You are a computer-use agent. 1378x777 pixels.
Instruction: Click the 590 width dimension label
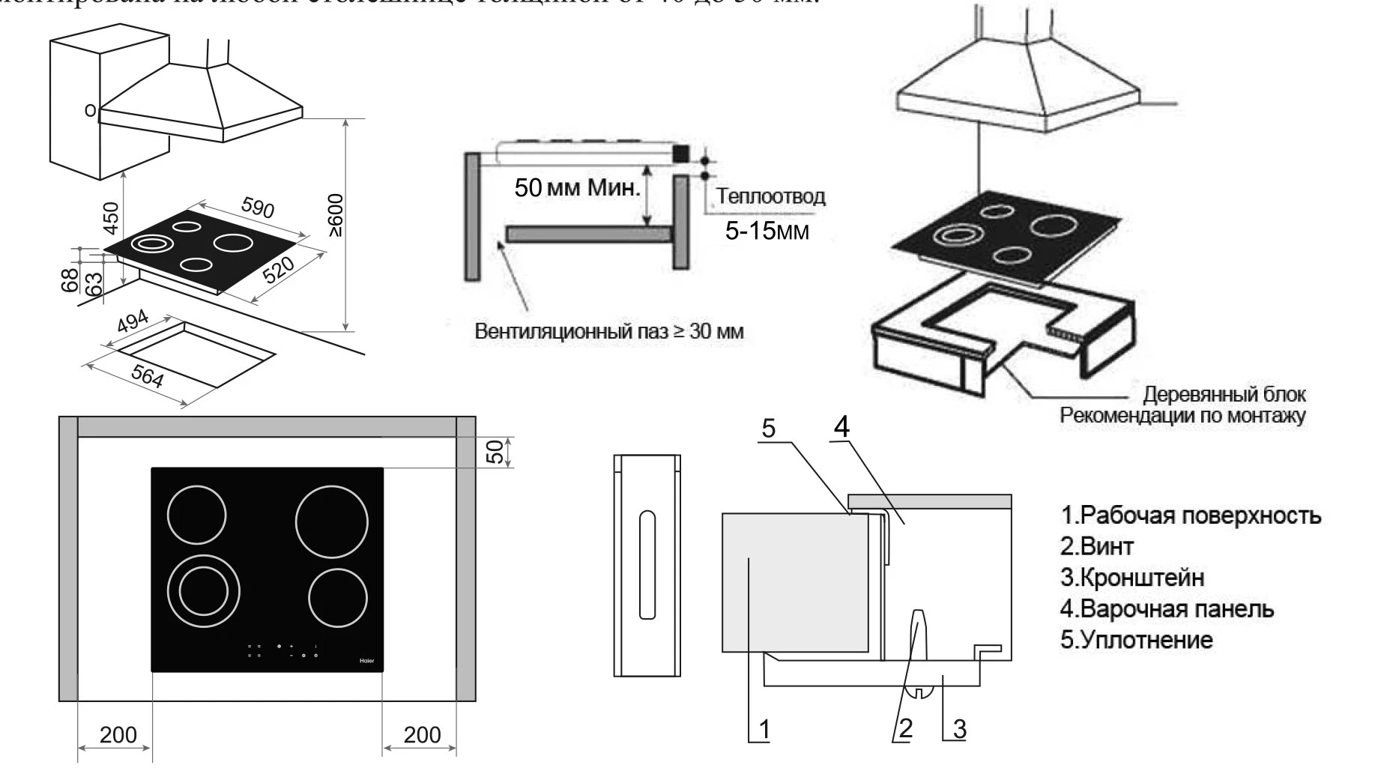click(x=258, y=208)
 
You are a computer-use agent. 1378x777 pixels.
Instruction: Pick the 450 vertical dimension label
click(x=112, y=217)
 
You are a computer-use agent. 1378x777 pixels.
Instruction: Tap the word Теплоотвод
click(x=771, y=196)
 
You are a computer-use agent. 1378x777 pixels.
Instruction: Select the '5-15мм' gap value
click(x=767, y=230)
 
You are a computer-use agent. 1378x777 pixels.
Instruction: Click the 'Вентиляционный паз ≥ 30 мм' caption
click(x=609, y=331)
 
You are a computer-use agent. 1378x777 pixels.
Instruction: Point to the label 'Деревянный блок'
click(x=1224, y=394)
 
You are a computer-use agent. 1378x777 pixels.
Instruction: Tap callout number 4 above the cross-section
click(x=841, y=427)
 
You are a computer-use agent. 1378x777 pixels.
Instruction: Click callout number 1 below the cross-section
click(x=764, y=728)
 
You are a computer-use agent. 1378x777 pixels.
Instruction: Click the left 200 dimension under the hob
click(x=118, y=734)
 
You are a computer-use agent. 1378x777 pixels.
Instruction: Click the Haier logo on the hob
click(x=366, y=661)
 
